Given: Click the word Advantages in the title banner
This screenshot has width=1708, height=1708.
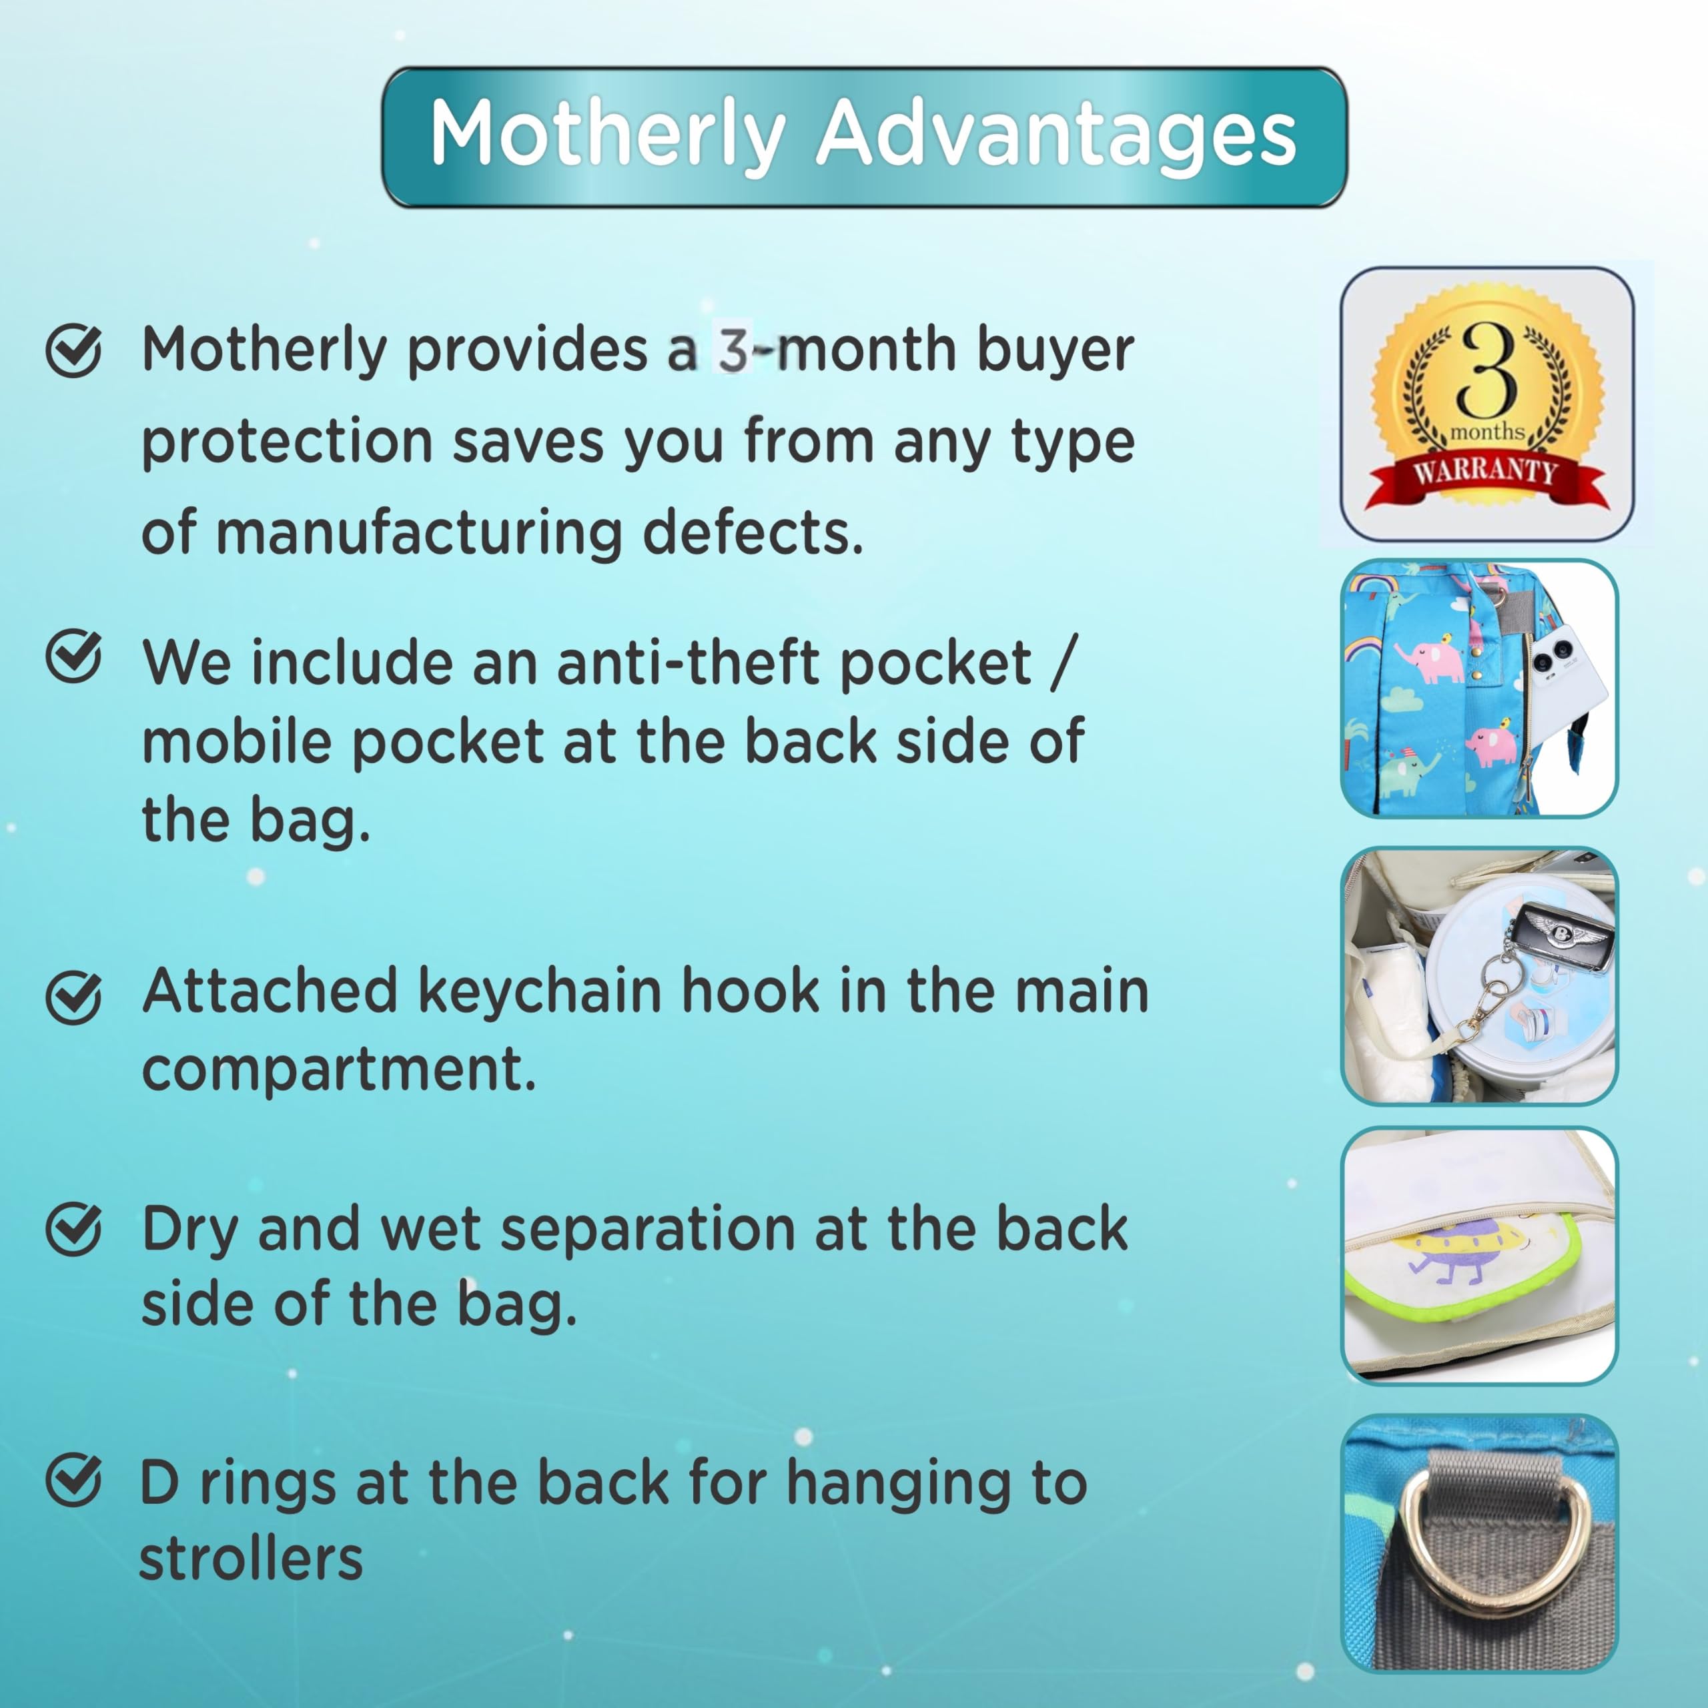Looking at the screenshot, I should coord(1055,134).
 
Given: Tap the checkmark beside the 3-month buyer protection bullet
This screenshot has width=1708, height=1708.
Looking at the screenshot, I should coord(73,351).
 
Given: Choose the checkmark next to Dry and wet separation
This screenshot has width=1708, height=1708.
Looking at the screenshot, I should coord(73,1229).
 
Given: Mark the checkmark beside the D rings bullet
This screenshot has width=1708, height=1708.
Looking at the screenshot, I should coord(73,1480).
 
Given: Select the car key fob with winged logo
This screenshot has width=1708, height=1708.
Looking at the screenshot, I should coord(1561,935).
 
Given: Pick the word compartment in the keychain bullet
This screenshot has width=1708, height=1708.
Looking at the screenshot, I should coord(338,1069).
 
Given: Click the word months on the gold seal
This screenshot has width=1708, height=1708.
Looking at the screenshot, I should coord(1487,432).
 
